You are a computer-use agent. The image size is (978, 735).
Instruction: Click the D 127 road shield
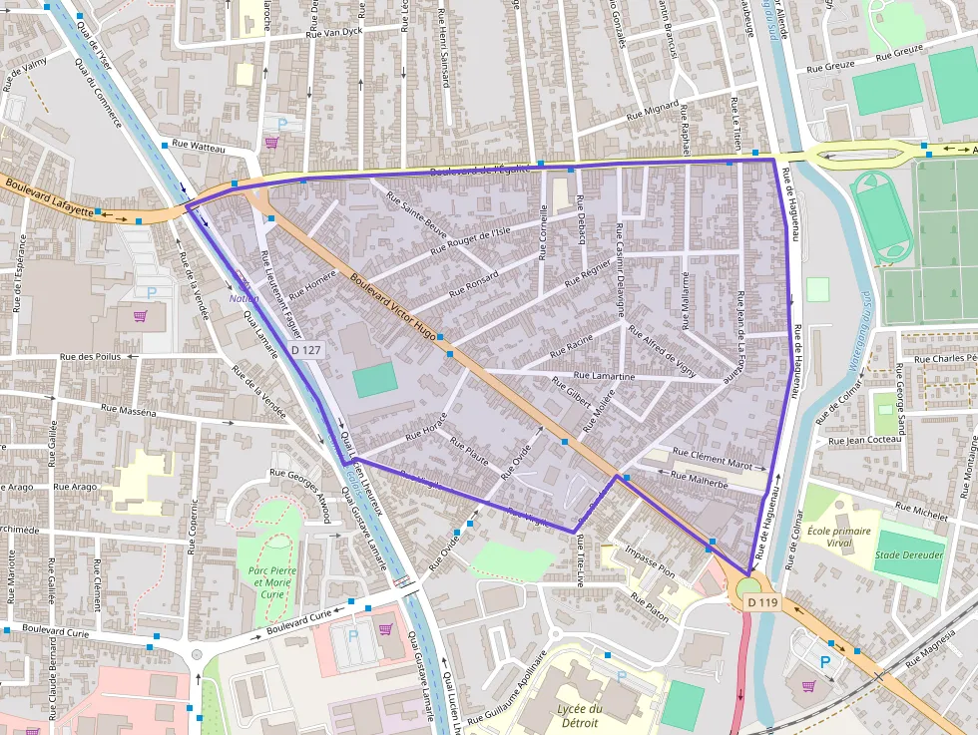(x=306, y=350)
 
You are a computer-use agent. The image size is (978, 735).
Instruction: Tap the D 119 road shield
(x=761, y=601)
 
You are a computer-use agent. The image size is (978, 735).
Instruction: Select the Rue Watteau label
(x=200, y=149)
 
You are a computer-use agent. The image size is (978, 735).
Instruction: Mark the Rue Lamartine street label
(x=605, y=376)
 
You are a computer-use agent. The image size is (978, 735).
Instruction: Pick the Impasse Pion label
(x=649, y=561)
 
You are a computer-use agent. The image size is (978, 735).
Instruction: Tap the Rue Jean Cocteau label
(x=865, y=440)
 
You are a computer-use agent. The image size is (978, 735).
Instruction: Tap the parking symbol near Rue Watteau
(x=281, y=124)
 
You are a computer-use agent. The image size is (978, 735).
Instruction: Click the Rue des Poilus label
(x=90, y=357)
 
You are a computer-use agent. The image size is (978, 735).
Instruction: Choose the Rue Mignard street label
(x=652, y=111)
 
